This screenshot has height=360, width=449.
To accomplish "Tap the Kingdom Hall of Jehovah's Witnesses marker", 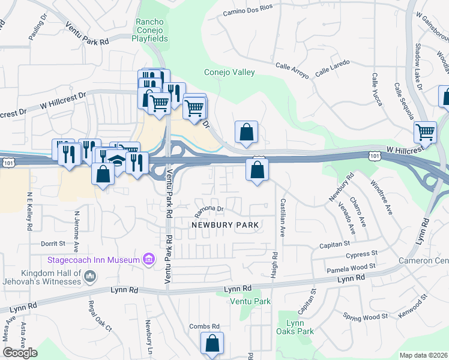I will click(x=90, y=277).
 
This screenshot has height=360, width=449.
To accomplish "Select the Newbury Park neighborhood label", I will click(x=224, y=225).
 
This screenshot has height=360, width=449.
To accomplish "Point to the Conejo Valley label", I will click(x=229, y=73).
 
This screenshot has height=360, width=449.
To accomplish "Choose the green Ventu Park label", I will click(x=251, y=301).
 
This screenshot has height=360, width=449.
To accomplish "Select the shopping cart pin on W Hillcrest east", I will click(x=426, y=131).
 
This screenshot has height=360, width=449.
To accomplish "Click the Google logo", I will click(x=20, y=353).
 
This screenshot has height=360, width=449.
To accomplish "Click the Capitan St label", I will click(x=336, y=245).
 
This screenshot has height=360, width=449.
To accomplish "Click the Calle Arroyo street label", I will click(x=292, y=71).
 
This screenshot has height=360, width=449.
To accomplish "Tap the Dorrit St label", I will click(x=53, y=244).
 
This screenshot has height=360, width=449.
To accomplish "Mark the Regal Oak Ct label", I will click(x=100, y=316).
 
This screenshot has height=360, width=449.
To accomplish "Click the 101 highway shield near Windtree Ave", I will click(x=375, y=156).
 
